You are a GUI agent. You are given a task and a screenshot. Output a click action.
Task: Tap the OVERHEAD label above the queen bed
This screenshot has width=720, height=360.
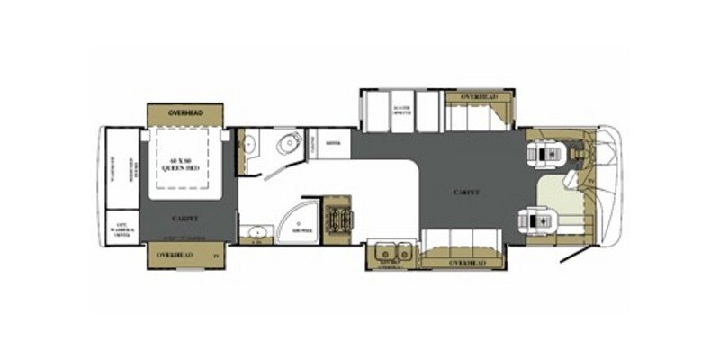(185, 114)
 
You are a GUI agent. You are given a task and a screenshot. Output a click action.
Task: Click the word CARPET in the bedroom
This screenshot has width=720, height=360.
(184, 218)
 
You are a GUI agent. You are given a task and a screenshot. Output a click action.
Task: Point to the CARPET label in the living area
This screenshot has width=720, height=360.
(466, 193)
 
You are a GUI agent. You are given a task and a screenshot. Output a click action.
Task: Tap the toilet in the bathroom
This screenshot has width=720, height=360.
(287, 145)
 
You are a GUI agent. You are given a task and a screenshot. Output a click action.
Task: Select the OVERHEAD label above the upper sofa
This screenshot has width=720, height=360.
(478, 97)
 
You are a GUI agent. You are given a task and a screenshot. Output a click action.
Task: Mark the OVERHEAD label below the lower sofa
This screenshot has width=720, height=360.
(466, 262)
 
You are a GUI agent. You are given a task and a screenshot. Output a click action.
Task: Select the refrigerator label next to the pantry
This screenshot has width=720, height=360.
(331, 142)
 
